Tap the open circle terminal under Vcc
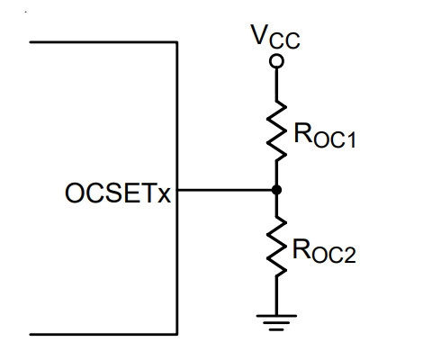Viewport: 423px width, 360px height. (x=276, y=61)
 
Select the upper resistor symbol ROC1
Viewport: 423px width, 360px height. (x=276, y=131)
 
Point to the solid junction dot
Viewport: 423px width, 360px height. (x=276, y=190)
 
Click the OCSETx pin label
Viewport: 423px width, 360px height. (x=118, y=193)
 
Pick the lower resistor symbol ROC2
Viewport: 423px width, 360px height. (x=276, y=247)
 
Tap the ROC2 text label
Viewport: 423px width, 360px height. (x=324, y=251)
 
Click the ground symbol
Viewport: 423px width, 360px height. (x=276, y=323)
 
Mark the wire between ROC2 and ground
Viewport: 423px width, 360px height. (x=276, y=295)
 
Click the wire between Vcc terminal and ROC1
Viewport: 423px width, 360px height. (x=276, y=85)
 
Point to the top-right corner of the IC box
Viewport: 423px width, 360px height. (x=177, y=42)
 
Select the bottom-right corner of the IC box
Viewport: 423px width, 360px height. (x=177, y=334)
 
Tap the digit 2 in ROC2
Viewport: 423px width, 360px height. (x=351, y=256)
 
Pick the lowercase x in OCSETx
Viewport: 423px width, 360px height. (x=164, y=195)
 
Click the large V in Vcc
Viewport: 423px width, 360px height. (x=260, y=34)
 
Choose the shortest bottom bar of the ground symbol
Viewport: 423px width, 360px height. (x=276, y=329)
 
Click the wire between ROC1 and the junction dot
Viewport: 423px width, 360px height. (x=276, y=174)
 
